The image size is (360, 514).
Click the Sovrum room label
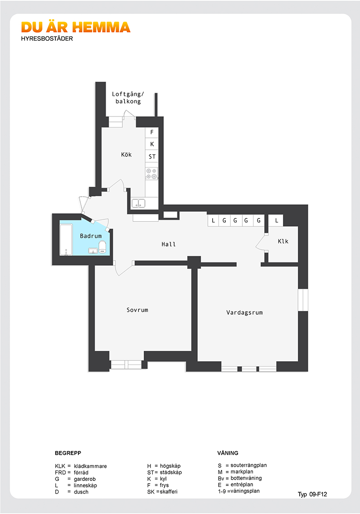coord(137,310)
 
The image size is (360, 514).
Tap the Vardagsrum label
coord(244,313)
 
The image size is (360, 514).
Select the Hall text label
coord(169,244)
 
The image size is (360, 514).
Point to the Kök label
coord(126,155)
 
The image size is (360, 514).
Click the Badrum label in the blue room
coord(91,236)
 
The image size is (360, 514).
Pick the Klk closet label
coord(283,241)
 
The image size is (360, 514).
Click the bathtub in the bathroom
coord(66,239)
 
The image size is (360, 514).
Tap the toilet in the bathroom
coord(102,247)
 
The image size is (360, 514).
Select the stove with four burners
coord(151,174)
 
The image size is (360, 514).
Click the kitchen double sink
coord(138,203)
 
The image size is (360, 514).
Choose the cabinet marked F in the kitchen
coord(152,132)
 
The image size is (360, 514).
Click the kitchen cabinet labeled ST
coord(152,156)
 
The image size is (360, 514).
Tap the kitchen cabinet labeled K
coord(152,144)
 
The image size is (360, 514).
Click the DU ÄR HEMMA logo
coord(76,28)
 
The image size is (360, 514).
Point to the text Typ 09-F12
coord(312,495)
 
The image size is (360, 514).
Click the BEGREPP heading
coord(68,453)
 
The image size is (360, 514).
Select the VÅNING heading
coord(228,453)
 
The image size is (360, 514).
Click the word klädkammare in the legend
coord(91,466)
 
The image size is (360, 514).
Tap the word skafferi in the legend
coord(169,492)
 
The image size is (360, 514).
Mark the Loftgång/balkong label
coord(128,98)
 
